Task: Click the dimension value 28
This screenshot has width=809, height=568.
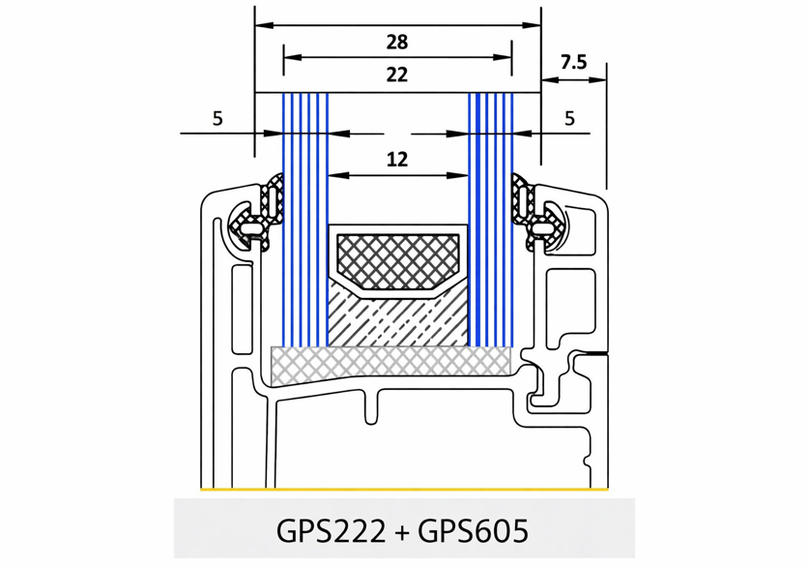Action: [396, 42]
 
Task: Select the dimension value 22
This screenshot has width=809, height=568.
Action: [396, 75]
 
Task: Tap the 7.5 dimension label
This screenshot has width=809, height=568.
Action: [574, 63]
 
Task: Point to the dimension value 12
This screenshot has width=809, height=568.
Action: [396, 160]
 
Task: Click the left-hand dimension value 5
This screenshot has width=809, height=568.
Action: [217, 119]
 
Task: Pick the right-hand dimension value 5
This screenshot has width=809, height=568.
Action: [569, 119]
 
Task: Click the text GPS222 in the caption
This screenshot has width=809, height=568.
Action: [331, 530]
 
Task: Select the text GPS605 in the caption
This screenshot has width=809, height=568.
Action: [473, 530]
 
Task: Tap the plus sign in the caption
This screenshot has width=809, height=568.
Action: [401, 531]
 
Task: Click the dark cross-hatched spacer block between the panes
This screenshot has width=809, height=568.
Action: [397, 262]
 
